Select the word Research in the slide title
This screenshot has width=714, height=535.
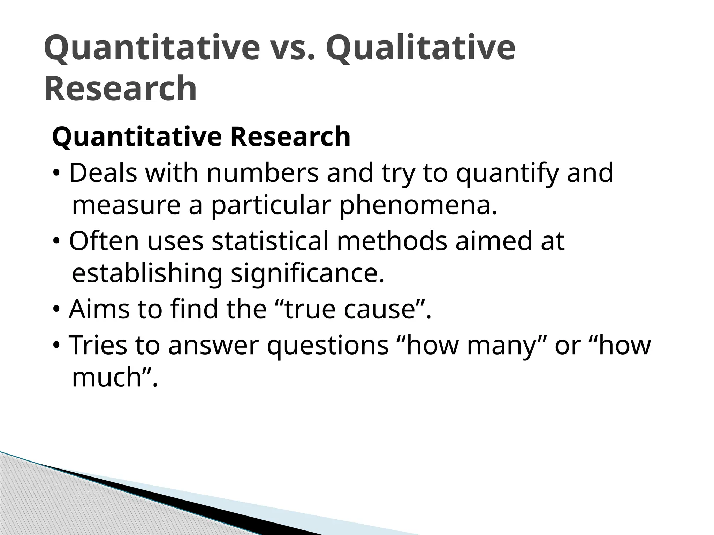point(120,88)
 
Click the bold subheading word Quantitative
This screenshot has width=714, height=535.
point(137,137)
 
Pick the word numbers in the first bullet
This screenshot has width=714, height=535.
point(263,173)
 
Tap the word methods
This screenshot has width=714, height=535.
point(392,241)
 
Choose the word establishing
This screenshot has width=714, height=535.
point(147,273)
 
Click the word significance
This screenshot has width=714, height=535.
point(308,273)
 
